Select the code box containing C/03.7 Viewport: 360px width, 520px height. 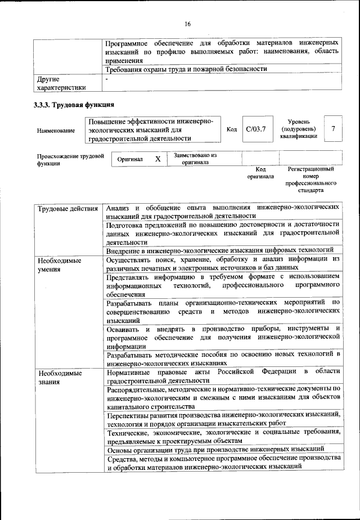(255, 129)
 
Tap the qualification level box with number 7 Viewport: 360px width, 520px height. (334, 129)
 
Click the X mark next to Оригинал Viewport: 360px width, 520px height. (158, 159)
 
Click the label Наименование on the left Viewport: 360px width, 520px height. (56, 131)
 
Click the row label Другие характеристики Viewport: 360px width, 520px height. (61, 83)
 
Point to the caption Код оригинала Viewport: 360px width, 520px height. (260, 172)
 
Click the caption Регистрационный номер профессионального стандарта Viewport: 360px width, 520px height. (310, 180)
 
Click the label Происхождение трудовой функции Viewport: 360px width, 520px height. (70, 160)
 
